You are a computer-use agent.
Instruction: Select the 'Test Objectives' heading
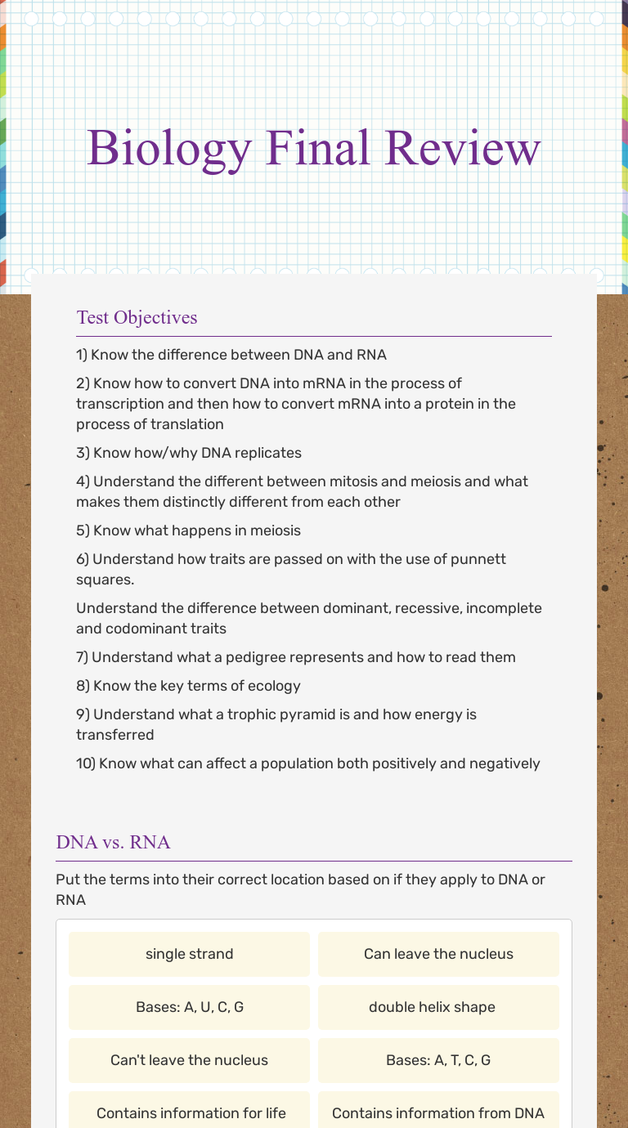coord(137,317)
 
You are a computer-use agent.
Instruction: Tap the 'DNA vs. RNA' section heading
coord(113,842)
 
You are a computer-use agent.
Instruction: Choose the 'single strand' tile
coord(189,954)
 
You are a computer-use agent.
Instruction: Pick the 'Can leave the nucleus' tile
coord(438,954)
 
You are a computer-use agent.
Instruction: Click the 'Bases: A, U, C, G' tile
coord(189,1007)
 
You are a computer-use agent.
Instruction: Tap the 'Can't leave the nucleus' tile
coord(189,1060)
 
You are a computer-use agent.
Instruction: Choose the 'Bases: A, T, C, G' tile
coord(438,1060)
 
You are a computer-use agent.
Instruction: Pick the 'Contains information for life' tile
coord(191,1112)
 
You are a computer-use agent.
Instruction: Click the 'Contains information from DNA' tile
coord(438,1112)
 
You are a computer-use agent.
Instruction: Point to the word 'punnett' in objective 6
coord(479,559)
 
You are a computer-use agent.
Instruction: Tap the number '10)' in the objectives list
coord(86,763)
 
